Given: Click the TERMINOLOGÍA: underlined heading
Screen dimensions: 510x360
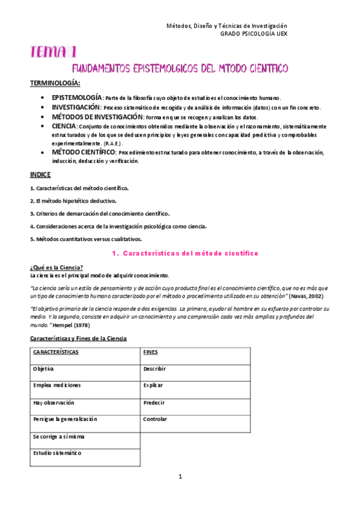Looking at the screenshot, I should pyautogui.click(x=55, y=82).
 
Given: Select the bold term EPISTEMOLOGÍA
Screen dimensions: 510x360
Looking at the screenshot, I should pyautogui.click(x=77, y=97).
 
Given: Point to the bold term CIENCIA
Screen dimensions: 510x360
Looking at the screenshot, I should pyautogui.click(x=64, y=126).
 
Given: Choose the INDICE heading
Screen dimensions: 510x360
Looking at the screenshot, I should pyautogui.click(x=40, y=174).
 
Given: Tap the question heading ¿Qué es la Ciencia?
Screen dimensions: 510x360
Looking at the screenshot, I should pyautogui.click(x=56, y=268).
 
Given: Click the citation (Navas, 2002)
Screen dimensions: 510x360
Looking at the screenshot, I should pyautogui.click(x=311, y=296).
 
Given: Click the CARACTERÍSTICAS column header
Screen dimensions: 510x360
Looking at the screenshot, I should pyautogui.click(x=56, y=352).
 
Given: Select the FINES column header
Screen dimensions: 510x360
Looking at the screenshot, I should pyautogui.click(x=150, y=352).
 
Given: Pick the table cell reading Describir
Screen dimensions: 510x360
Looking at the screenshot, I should pyautogui.click(x=154, y=369).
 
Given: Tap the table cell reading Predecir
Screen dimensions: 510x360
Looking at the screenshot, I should pyautogui.click(x=153, y=402).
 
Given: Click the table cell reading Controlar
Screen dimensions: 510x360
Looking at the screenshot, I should pyautogui.click(x=155, y=419).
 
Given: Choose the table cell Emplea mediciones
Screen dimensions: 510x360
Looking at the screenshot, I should pyautogui.click(x=57, y=385).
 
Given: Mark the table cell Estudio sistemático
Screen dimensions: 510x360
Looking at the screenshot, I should pyautogui.click(x=58, y=453).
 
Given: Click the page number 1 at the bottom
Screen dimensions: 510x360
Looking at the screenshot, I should pyautogui.click(x=180, y=477).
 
